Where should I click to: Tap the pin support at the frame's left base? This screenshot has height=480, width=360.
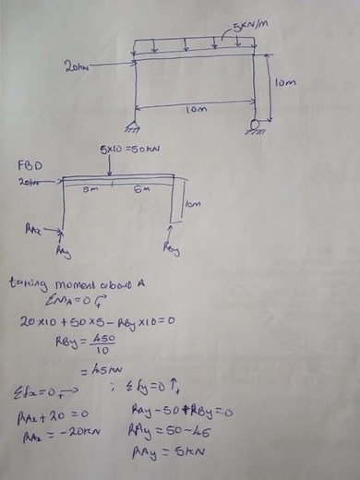138,125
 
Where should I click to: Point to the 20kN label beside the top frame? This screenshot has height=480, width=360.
78,66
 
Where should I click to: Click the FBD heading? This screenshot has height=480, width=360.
29,164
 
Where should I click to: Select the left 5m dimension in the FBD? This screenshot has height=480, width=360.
90,190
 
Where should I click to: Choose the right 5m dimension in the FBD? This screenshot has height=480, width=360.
139,190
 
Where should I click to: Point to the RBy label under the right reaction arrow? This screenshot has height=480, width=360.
172,248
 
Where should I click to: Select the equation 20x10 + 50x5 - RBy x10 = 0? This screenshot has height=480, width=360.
99,320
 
